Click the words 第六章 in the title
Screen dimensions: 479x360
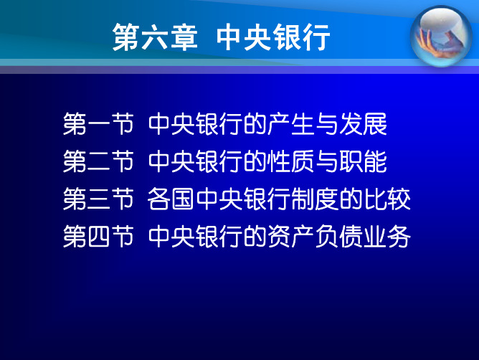(x=155, y=37)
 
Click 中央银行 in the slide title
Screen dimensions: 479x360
(x=273, y=37)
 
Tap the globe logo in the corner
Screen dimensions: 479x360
(x=441, y=36)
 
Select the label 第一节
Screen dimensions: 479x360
(x=98, y=124)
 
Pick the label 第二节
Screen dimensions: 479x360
(x=98, y=161)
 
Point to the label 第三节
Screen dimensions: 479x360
(x=98, y=199)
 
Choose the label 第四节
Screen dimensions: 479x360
(x=98, y=236)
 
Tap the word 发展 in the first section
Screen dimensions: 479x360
(x=364, y=124)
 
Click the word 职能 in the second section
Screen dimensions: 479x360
(x=364, y=161)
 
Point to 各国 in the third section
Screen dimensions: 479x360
(x=171, y=199)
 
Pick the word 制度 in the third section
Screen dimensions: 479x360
(x=315, y=199)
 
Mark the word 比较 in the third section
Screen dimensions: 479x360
(x=387, y=199)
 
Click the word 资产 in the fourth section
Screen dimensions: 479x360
(x=291, y=236)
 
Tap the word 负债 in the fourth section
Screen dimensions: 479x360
(x=339, y=236)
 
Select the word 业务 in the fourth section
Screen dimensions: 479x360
(x=387, y=236)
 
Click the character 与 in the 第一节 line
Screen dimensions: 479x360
(x=327, y=124)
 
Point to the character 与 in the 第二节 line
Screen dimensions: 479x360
(x=327, y=161)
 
